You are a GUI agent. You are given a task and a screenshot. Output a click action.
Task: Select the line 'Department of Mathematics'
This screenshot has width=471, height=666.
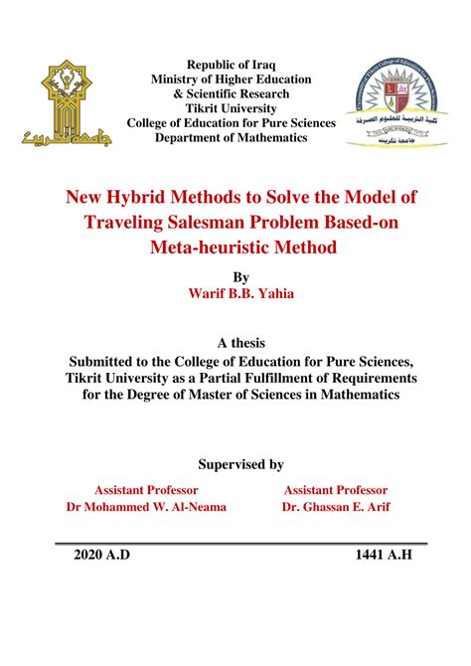[x=232, y=137]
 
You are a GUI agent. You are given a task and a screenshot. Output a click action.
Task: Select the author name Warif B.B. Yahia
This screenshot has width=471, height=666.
[x=235, y=294]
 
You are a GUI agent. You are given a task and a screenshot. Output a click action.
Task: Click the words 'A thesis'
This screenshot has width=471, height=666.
[x=235, y=343]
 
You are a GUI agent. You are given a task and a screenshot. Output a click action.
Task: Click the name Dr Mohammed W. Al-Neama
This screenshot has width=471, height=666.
[x=146, y=507]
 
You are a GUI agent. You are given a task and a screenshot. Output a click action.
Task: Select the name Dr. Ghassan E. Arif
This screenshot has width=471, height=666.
[x=336, y=507]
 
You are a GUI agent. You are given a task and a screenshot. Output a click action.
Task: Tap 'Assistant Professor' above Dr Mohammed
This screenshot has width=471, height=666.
[x=146, y=490]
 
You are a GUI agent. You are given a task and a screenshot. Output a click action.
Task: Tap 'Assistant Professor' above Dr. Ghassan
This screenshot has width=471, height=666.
[x=336, y=490]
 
